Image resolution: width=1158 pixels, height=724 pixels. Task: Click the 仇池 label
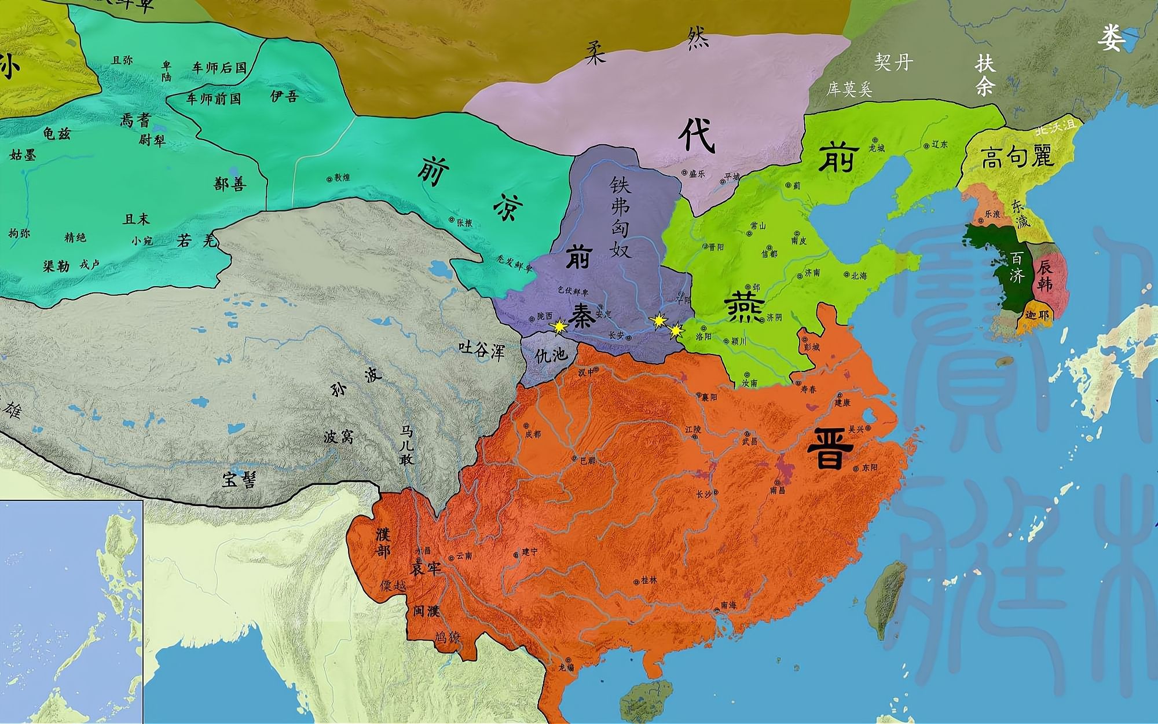551,354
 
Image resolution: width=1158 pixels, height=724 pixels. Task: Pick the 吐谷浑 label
481,350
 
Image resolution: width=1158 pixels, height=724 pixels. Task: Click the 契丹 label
893,62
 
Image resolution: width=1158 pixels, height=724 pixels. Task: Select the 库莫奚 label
849,89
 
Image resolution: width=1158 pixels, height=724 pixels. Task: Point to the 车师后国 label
219,68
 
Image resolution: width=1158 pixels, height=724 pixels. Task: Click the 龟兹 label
57,133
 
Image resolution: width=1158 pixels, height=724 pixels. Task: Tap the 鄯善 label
230,184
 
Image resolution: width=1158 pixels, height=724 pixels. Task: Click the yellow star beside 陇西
559,327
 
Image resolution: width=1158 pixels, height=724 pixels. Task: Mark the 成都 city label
533,433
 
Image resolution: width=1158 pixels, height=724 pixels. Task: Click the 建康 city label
842,402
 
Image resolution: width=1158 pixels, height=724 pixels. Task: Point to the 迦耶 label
1036,316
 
